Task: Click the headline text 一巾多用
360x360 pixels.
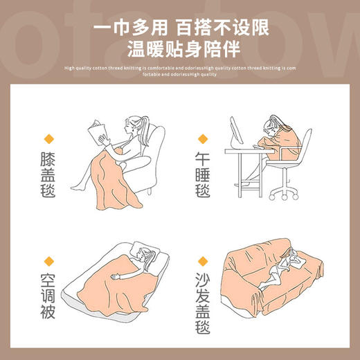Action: point(131,28)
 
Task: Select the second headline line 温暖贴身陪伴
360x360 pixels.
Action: point(179,49)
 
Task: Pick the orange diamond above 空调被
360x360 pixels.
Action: point(49,262)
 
